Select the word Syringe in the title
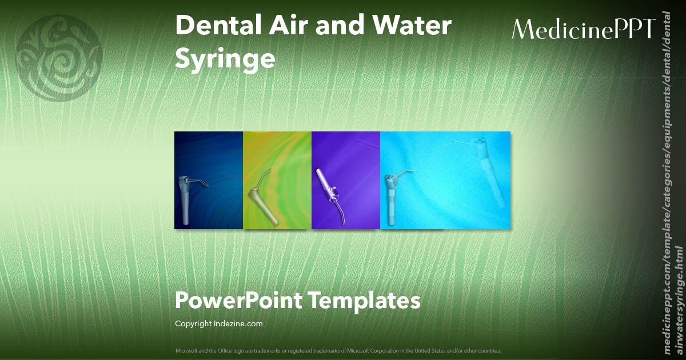pyautogui.click(x=225, y=59)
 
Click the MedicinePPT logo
pyautogui.click(x=583, y=29)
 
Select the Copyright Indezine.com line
pyautogui.click(x=219, y=324)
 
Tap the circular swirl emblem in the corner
pyautogui.click(x=59, y=59)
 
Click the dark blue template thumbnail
pyautogui.click(x=209, y=180)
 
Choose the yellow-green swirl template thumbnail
pyautogui.click(x=277, y=180)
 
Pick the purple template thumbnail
pyautogui.click(x=346, y=180)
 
